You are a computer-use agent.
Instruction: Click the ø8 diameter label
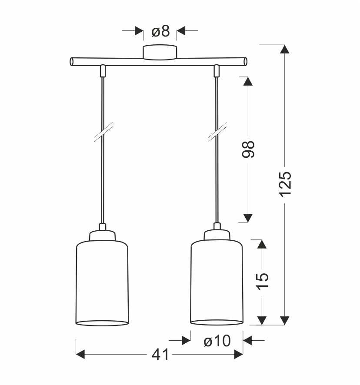(160, 31)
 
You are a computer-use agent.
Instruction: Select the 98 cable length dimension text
(248, 149)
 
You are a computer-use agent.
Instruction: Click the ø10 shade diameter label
(217, 341)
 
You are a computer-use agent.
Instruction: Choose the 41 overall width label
(160, 355)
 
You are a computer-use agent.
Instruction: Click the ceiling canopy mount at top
(160, 52)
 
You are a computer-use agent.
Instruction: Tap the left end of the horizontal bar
(71, 62)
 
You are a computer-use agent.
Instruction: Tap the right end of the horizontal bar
(246, 62)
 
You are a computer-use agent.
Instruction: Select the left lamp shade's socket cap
(102, 236)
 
